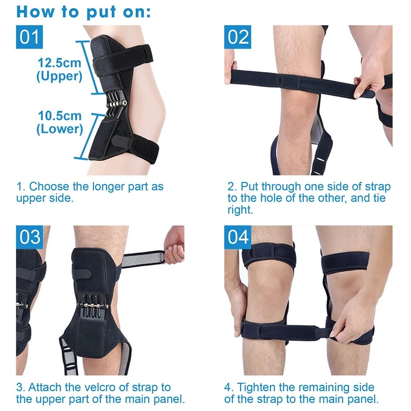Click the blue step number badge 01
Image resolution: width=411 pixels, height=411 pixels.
pyautogui.click(x=29, y=37)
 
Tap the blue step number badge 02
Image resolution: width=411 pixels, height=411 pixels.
pyautogui.click(x=238, y=37)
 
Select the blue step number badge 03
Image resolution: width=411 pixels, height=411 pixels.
pyautogui.click(x=29, y=237)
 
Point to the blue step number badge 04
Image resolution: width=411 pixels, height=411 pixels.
pyautogui.click(x=238, y=237)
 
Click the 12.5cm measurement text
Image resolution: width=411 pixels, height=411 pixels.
pyautogui.click(x=60, y=63)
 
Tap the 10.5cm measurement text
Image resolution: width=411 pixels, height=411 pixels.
pyautogui.click(x=60, y=115)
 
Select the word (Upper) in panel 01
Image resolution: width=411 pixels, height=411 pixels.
pyautogui.click(x=59, y=76)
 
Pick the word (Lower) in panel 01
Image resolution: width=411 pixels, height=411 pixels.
pyautogui.click(x=60, y=129)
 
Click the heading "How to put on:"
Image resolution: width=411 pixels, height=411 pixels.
pyautogui.click(x=83, y=12)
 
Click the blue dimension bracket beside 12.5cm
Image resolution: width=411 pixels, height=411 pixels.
pyautogui.click(x=89, y=67)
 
